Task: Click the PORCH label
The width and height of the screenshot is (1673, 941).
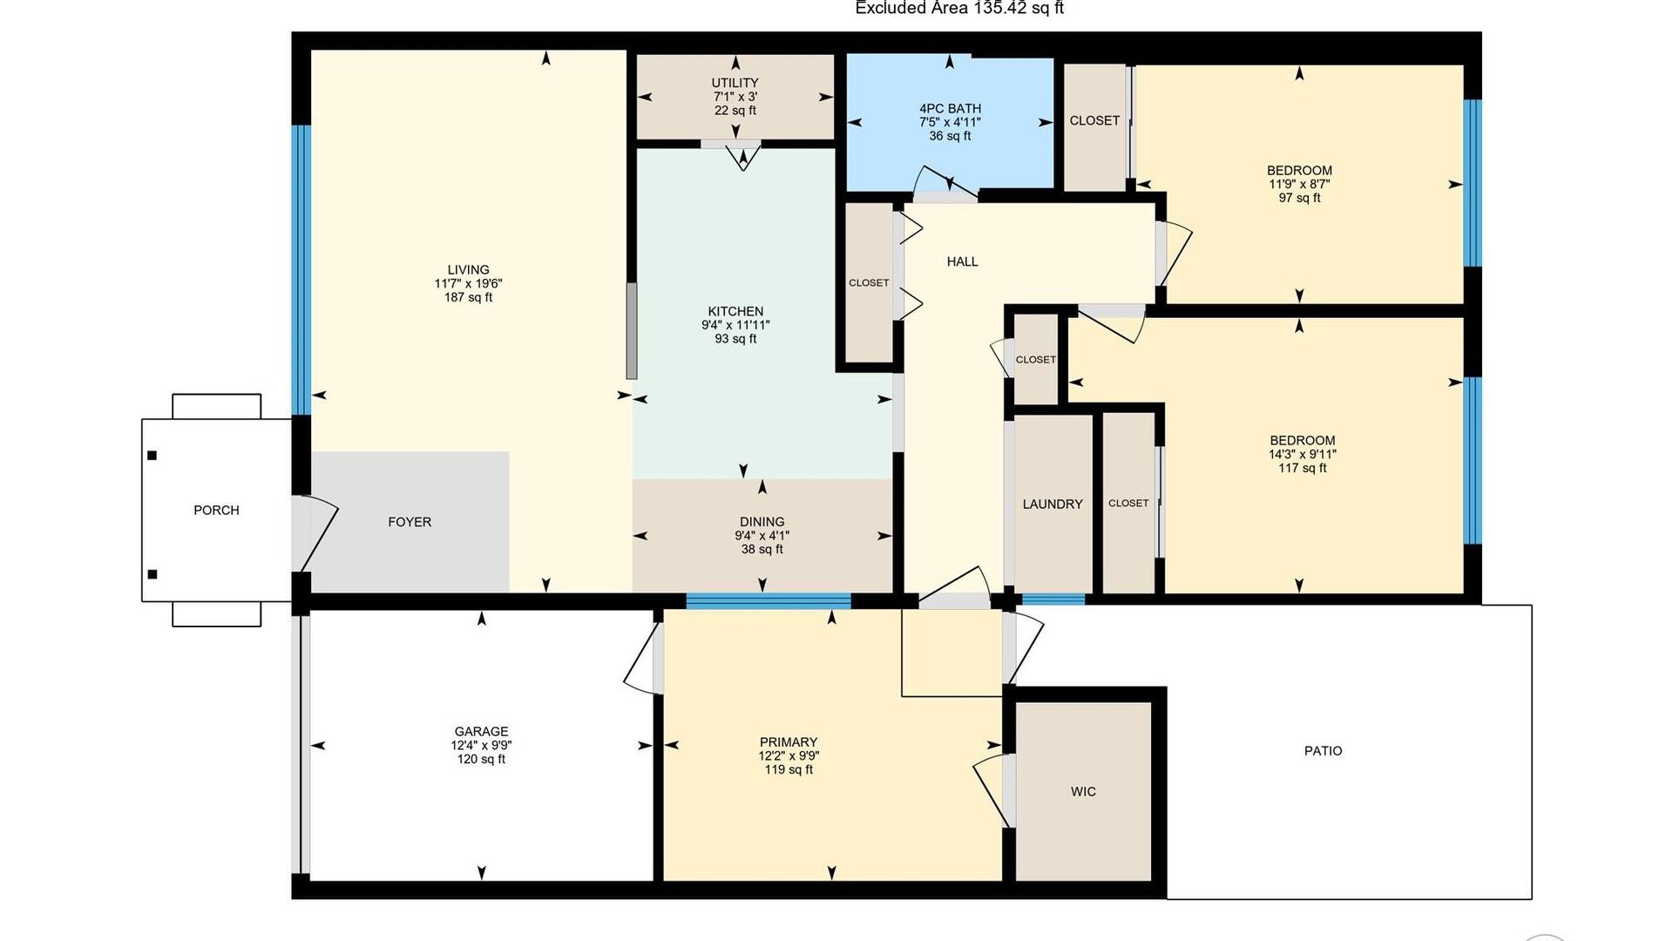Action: click(x=216, y=511)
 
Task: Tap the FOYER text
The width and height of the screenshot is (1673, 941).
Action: click(x=410, y=522)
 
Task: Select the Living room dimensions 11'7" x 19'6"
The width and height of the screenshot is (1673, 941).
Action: click(x=469, y=284)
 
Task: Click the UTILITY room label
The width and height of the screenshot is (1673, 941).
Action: click(x=735, y=83)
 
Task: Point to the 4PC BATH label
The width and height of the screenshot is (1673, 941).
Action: click(x=950, y=109)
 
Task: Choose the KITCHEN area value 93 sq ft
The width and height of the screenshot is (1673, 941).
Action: click(x=735, y=339)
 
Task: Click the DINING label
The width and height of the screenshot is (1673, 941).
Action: click(x=762, y=522)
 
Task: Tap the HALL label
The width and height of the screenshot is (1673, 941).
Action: click(x=963, y=261)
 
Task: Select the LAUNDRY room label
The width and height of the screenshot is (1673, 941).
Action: click(x=1053, y=504)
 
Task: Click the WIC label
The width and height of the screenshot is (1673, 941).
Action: click(x=1083, y=792)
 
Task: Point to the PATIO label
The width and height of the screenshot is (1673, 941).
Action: click(x=1323, y=751)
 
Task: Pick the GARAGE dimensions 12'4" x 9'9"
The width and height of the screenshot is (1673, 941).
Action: click(x=481, y=746)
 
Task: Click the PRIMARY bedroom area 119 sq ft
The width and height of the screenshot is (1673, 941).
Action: click(x=789, y=770)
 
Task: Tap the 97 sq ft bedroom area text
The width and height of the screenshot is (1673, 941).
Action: click(x=1299, y=199)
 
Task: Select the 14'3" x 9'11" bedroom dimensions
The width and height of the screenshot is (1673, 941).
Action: click(x=1303, y=455)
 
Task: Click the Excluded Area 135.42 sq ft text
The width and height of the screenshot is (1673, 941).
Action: click(x=959, y=9)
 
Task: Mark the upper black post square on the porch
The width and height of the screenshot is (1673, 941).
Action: click(x=152, y=456)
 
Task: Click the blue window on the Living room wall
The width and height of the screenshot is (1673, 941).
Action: click(x=301, y=270)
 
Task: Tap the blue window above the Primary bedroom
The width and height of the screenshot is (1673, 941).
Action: click(x=768, y=600)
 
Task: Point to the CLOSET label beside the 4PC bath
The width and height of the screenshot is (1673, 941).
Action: click(x=1094, y=121)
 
